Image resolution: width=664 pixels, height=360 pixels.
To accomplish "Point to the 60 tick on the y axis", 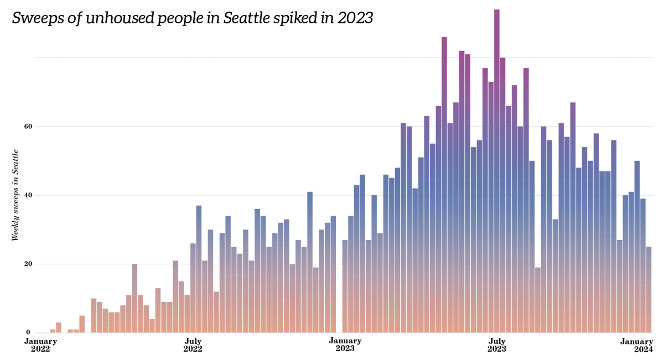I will click(27, 127).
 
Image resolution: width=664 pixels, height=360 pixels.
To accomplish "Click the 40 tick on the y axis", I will click(27, 195).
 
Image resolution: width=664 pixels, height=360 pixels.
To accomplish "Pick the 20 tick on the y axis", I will click(27, 264).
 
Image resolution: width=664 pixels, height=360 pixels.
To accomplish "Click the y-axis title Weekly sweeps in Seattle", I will click(15, 195).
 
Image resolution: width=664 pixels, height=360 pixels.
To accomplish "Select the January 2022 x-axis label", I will click(40, 345).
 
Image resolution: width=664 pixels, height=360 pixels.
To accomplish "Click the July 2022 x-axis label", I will click(193, 345).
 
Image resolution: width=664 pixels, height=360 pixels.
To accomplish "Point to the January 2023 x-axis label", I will click(345, 345).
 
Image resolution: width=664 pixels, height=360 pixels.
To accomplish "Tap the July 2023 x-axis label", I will click(496, 345).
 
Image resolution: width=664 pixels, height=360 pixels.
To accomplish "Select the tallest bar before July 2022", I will click(134, 299).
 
